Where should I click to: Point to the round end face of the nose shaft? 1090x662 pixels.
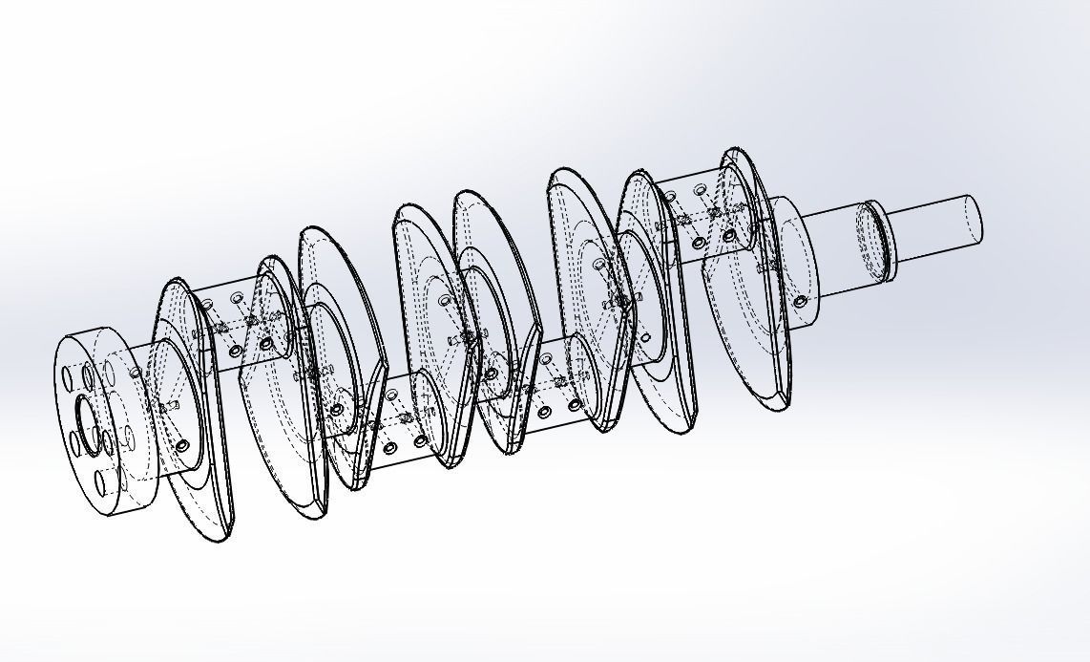click(x=973, y=218)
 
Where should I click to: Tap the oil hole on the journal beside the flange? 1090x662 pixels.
click(x=182, y=446)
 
